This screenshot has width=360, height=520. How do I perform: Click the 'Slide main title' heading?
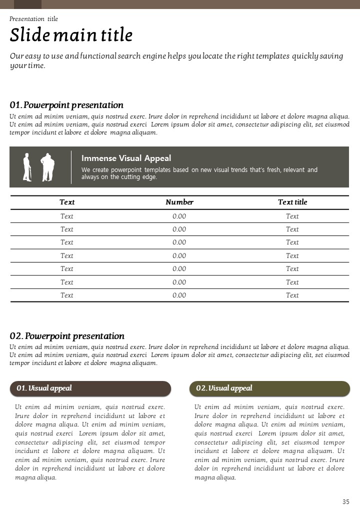click(71, 35)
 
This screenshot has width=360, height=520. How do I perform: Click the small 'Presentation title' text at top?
click(33, 19)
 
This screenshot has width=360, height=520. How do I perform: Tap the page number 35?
click(346, 502)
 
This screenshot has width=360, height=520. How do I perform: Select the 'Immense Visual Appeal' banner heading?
click(126, 158)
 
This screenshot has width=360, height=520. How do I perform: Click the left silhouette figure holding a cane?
click(27, 167)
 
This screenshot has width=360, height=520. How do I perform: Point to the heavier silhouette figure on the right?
click(47, 167)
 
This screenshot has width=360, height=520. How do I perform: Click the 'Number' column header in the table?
click(179, 202)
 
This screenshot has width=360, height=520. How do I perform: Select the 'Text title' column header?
click(292, 202)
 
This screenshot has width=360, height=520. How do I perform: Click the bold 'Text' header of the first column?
click(67, 202)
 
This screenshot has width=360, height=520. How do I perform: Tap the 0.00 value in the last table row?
click(179, 295)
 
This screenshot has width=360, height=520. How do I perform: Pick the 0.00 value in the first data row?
click(179, 216)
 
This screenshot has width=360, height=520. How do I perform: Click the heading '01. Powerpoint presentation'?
click(66, 105)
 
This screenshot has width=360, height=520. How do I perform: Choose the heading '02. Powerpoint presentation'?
click(67, 336)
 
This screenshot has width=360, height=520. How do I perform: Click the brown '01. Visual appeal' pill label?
click(90, 388)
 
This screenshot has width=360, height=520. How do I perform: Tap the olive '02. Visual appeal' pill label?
click(269, 388)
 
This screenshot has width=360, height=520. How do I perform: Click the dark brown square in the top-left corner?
click(27, 4)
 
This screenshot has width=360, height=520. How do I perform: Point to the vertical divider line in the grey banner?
click(71, 167)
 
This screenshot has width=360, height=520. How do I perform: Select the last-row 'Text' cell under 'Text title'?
click(292, 295)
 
